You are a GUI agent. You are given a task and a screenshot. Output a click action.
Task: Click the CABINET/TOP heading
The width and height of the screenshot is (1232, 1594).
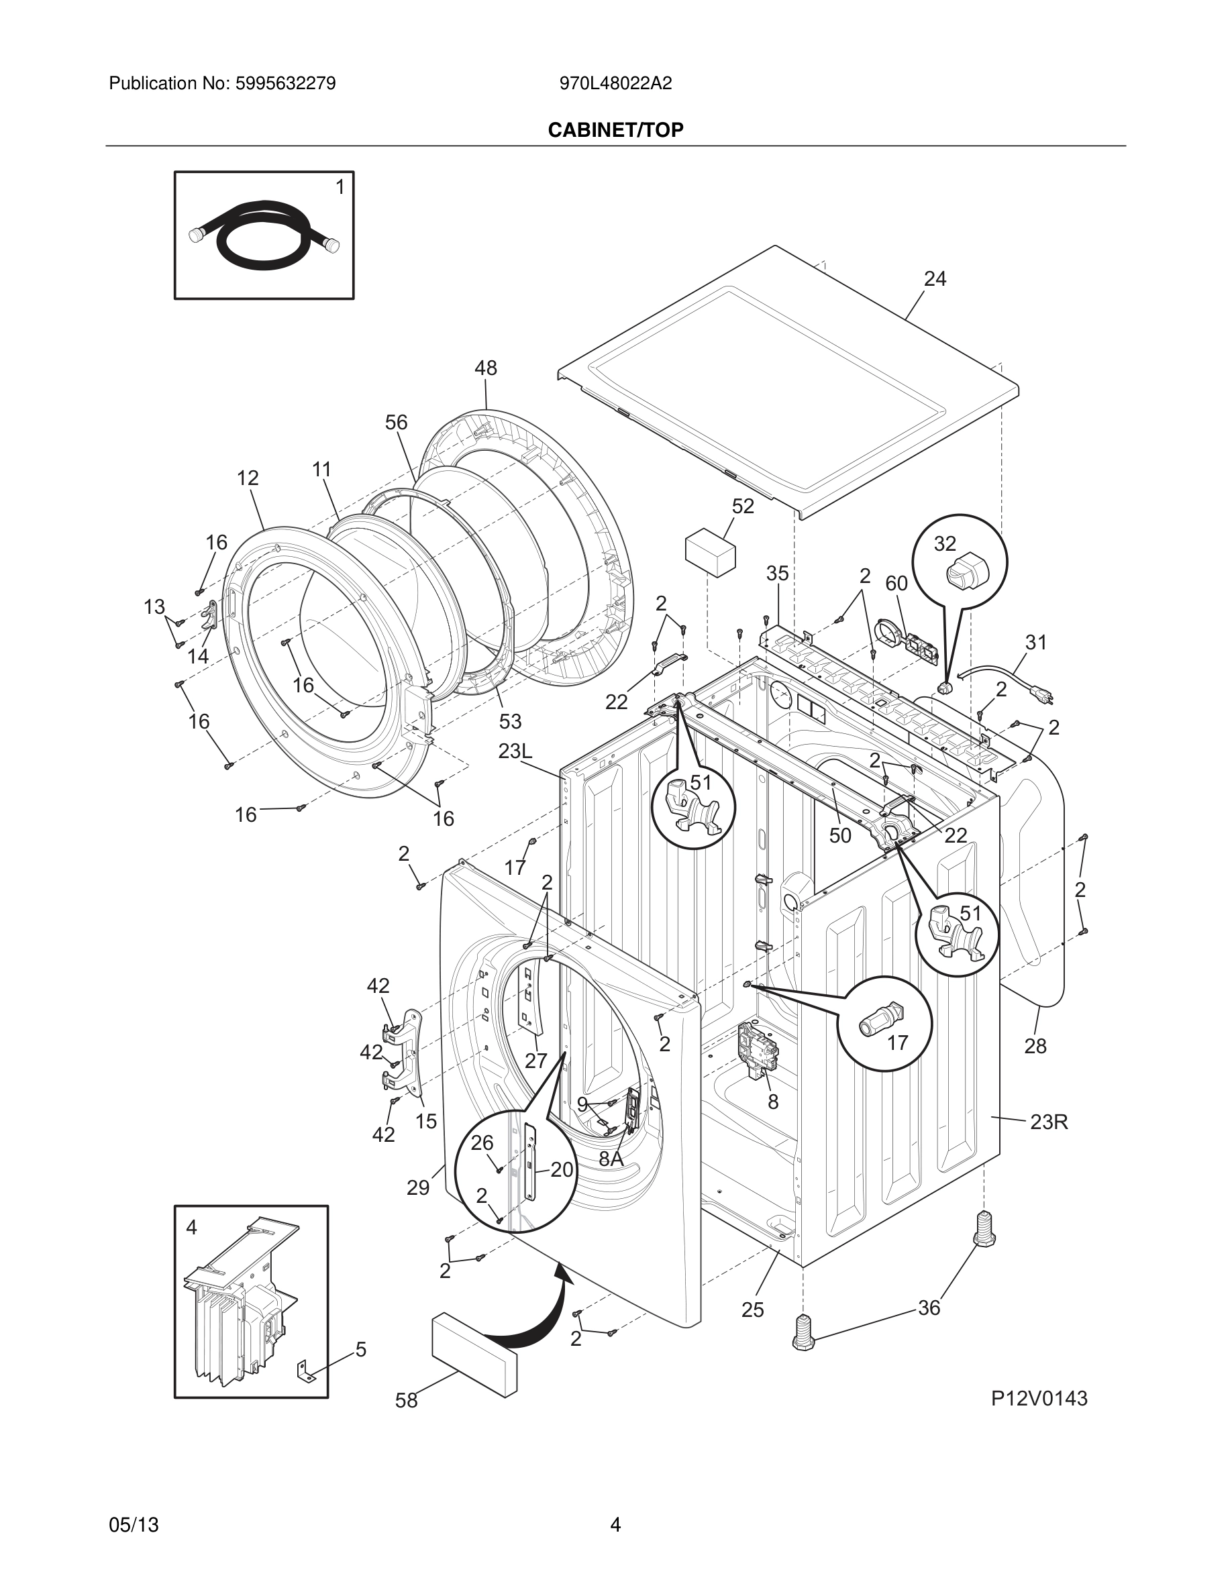point(615,130)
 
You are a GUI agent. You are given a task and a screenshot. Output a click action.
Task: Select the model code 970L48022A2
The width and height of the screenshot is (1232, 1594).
point(615,84)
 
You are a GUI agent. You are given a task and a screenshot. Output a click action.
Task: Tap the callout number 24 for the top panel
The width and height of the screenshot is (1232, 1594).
point(934,279)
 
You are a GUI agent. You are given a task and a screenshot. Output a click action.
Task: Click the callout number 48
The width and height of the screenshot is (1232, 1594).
point(485,368)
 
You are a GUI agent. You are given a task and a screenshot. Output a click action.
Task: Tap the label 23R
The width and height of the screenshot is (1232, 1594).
point(1049,1122)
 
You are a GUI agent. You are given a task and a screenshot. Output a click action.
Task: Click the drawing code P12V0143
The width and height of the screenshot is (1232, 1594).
point(1039,1398)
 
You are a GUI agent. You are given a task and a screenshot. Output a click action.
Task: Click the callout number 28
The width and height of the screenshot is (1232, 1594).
point(1035,1046)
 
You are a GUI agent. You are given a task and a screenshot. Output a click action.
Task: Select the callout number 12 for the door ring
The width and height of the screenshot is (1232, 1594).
point(248,478)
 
